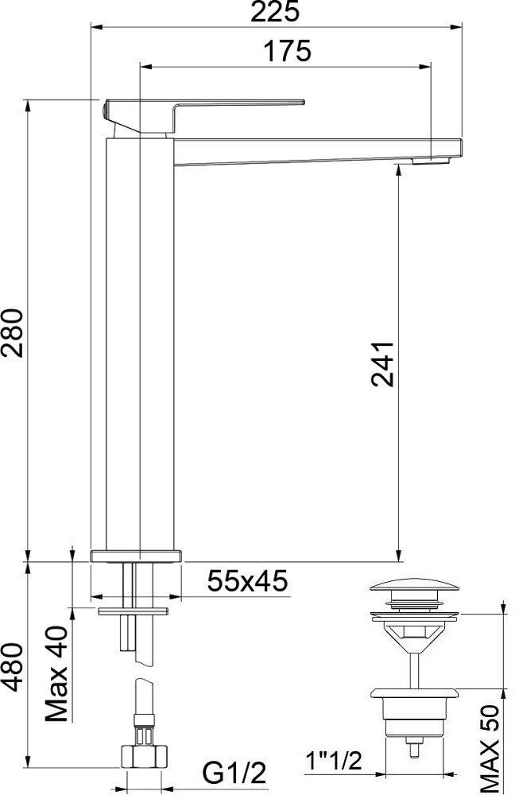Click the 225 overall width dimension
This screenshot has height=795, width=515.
(275, 12)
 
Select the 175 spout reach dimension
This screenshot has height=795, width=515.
(287, 52)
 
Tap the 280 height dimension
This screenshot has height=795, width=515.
(13, 332)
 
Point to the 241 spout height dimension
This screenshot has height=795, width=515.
(383, 365)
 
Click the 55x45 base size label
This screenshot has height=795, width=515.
(247, 581)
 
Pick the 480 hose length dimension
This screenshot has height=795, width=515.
(13, 667)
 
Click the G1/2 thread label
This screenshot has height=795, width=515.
(234, 774)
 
